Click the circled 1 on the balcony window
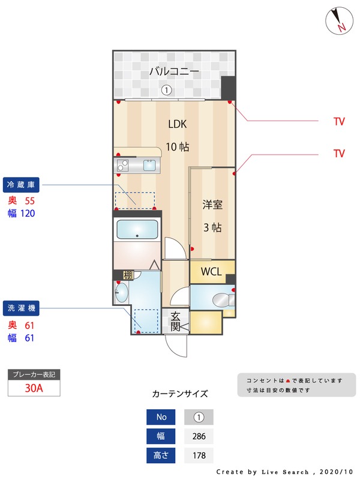(167, 91)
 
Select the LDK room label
(178, 124)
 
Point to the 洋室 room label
(212, 205)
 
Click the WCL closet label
(212, 271)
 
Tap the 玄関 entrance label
(176, 321)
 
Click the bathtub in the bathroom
(137, 229)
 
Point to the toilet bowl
(222, 299)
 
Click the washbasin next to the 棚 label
(121, 293)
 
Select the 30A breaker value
(34, 388)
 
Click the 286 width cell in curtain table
(199, 436)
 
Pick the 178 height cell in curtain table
(199, 455)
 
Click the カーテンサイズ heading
(180, 394)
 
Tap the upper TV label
(339, 122)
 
